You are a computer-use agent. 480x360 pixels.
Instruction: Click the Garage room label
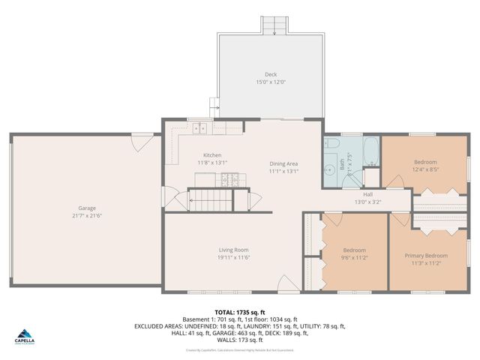click(x=87, y=208)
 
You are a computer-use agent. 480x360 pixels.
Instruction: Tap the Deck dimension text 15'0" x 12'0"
click(x=271, y=82)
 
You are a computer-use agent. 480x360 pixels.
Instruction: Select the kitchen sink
click(x=200, y=129)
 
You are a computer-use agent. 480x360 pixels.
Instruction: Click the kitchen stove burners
click(x=229, y=179)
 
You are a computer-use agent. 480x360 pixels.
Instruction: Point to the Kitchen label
click(x=212, y=154)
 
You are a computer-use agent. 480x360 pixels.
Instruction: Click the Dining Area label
click(x=284, y=163)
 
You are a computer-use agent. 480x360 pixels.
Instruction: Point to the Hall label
click(x=367, y=193)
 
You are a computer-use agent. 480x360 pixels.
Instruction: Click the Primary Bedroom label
click(x=426, y=256)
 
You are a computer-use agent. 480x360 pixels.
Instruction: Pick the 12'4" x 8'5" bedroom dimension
click(x=425, y=169)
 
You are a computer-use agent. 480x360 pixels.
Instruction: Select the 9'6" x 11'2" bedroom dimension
click(x=355, y=257)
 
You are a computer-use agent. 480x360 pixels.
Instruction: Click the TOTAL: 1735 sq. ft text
click(x=240, y=312)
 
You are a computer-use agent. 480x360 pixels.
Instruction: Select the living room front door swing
click(x=287, y=284)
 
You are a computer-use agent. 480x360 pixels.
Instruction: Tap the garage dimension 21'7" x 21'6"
click(x=87, y=216)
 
